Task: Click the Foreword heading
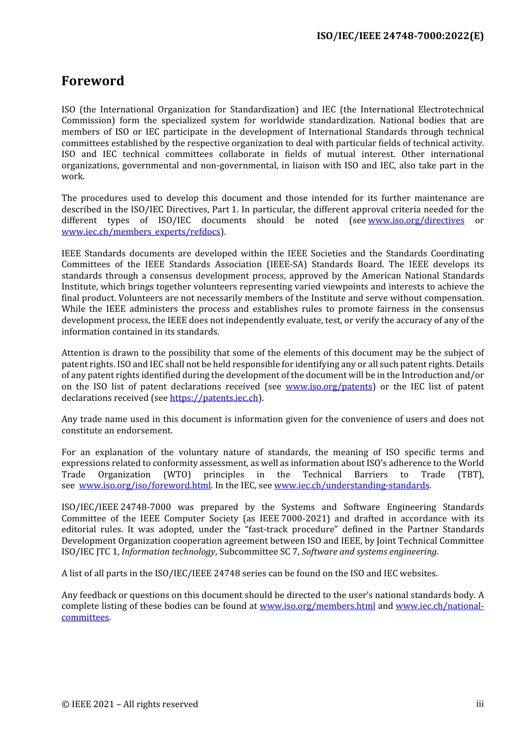tap(93, 81)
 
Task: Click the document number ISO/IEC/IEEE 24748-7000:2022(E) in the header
tap(400, 36)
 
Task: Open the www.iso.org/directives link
tap(416, 221)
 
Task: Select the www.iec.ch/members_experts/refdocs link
tap(141, 232)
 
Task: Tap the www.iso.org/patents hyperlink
tap(329, 387)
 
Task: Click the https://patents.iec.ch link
tap(214, 398)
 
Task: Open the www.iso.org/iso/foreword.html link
tap(144, 486)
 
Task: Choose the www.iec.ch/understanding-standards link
tap(351, 486)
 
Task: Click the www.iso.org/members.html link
tap(317, 606)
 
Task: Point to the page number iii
tap(480, 704)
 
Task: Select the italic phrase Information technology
tap(168, 552)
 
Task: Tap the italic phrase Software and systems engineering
tap(369, 552)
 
